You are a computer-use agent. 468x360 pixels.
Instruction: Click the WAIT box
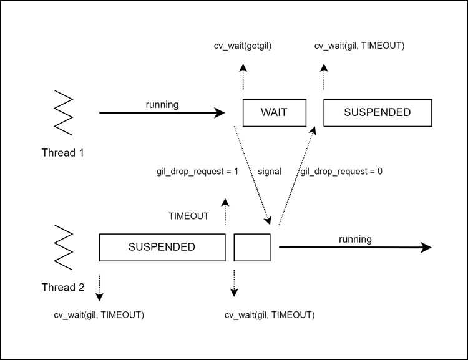tap(275, 113)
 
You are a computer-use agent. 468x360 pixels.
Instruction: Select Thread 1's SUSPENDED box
tap(378, 113)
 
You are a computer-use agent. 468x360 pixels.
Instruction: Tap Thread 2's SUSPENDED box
tap(162, 247)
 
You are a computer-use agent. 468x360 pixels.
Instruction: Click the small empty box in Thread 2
tap(252, 247)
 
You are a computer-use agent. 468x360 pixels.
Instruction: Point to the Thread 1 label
tap(63, 153)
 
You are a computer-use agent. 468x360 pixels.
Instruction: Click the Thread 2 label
tap(63, 288)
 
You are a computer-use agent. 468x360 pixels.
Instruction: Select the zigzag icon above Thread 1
tap(63, 112)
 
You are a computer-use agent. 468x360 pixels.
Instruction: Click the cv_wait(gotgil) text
tap(243, 46)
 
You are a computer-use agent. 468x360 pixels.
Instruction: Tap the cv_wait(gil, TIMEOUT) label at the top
tap(360, 46)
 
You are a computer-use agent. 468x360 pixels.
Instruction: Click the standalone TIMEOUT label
tap(189, 216)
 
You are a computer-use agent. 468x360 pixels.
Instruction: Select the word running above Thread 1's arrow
tap(161, 104)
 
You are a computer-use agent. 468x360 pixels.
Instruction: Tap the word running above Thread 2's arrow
tap(355, 239)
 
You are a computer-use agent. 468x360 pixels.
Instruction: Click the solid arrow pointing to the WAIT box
tap(162, 113)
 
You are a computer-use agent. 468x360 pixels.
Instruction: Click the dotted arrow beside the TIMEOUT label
tap(225, 213)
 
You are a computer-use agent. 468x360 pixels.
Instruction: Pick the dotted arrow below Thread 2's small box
tap(234, 283)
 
